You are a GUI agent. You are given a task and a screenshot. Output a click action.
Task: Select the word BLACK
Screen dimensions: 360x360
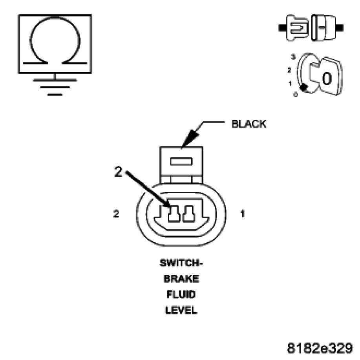pos(249,124)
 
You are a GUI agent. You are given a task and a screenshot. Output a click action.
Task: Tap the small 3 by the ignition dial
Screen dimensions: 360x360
pos(292,57)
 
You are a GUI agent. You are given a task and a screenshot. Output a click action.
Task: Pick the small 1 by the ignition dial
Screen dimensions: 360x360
pos(290,83)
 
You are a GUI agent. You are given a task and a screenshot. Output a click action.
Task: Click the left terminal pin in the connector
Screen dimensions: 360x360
pos(173,214)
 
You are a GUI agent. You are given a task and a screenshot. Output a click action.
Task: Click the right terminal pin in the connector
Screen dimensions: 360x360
pos(189,214)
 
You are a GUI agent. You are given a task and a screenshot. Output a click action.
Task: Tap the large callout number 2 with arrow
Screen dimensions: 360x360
pos(118,173)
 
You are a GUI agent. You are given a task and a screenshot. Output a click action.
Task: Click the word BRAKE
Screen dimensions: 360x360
pos(181,279)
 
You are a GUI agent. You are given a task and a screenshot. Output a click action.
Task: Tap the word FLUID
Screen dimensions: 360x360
pos(181,294)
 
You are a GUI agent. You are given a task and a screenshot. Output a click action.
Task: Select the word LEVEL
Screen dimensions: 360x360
pos(181,310)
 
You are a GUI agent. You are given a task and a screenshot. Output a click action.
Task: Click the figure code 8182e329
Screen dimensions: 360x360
pos(320,348)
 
